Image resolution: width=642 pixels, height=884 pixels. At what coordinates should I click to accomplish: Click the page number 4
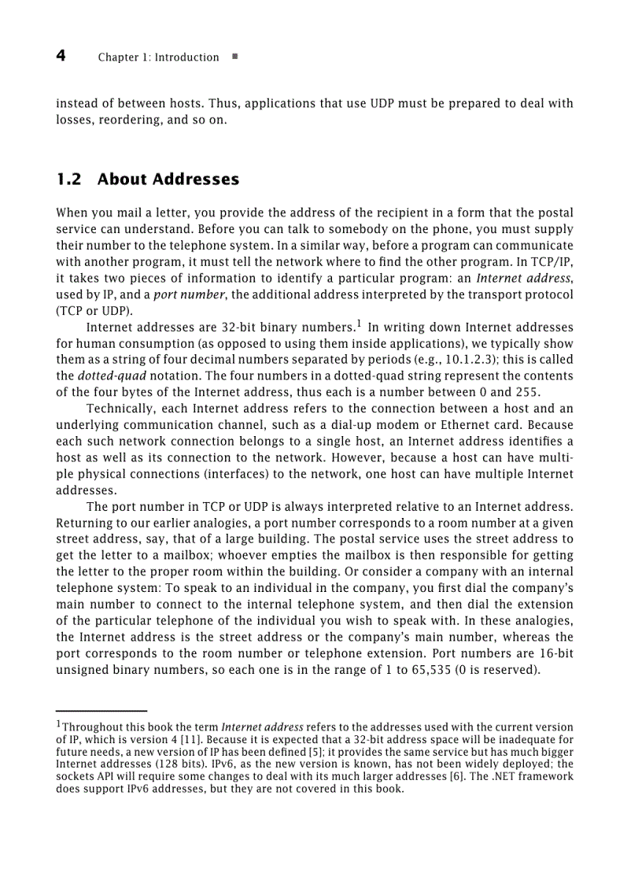point(61,56)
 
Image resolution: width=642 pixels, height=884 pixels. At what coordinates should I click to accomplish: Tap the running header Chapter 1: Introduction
point(158,57)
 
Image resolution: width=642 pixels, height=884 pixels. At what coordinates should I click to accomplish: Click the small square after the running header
point(235,57)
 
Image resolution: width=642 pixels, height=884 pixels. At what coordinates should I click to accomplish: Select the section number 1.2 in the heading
point(68,179)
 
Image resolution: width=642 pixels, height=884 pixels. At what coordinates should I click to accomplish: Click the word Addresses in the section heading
point(196,179)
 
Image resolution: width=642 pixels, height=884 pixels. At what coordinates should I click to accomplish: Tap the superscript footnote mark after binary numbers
point(358,323)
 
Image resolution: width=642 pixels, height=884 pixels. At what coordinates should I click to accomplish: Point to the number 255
point(526,392)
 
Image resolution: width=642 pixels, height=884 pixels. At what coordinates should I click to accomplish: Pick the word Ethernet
point(468,425)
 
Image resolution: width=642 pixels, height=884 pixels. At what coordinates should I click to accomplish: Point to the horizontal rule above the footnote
point(101,710)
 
